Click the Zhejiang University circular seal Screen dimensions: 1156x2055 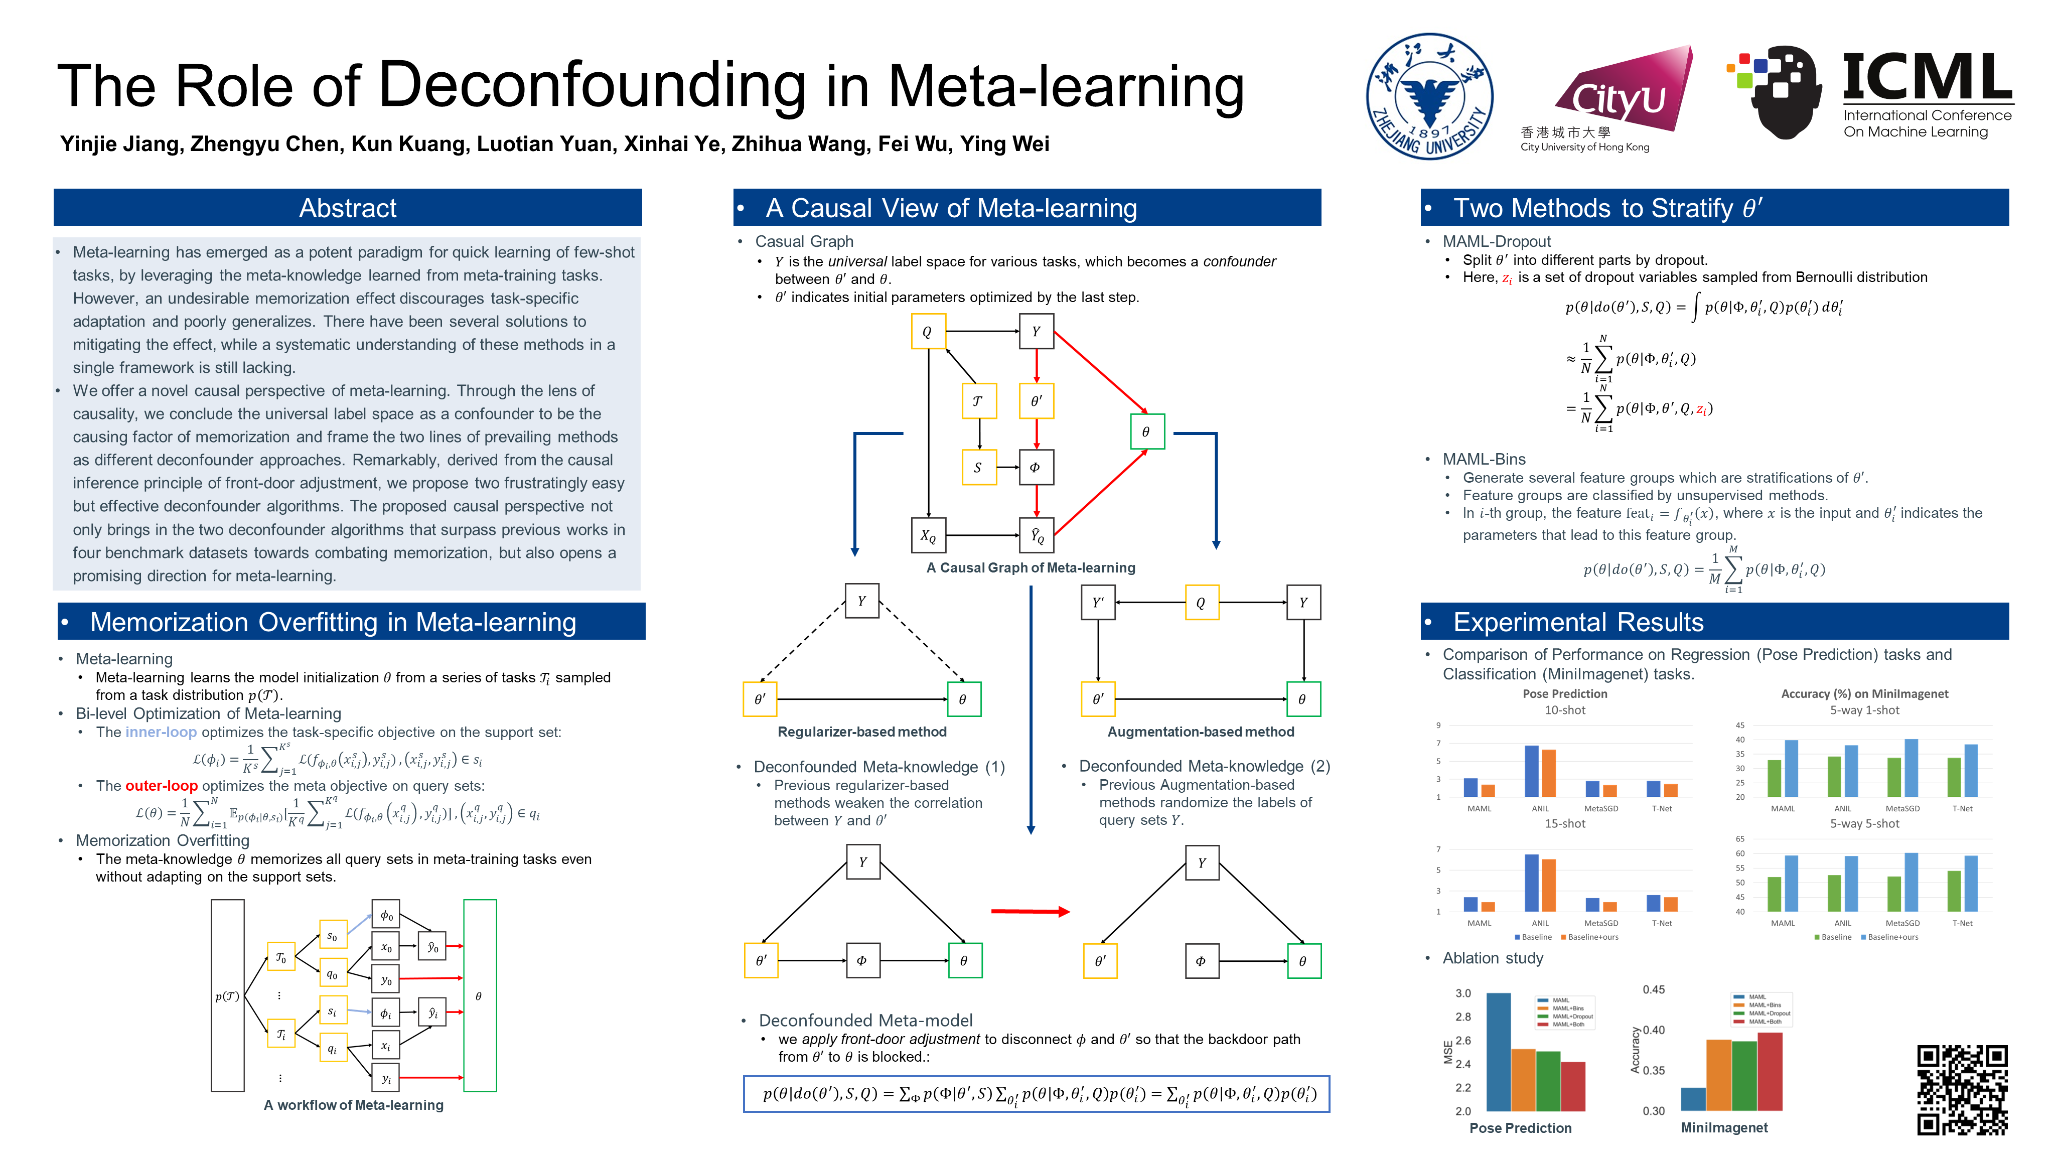click(1429, 96)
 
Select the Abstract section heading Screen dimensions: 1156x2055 click(347, 208)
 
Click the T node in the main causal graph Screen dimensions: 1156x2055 click(977, 401)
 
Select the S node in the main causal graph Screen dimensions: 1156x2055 click(977, 468)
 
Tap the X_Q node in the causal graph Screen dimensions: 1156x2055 click(928, 535)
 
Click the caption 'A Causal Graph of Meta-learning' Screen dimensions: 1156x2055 click(1030, 567)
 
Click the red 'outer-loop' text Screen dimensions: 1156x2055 click(161, 786)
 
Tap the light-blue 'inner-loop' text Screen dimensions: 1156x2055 click(161, 733)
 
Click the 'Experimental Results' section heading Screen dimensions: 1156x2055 click(1577, 622)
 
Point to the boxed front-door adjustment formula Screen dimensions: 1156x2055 click(1036, 1094)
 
